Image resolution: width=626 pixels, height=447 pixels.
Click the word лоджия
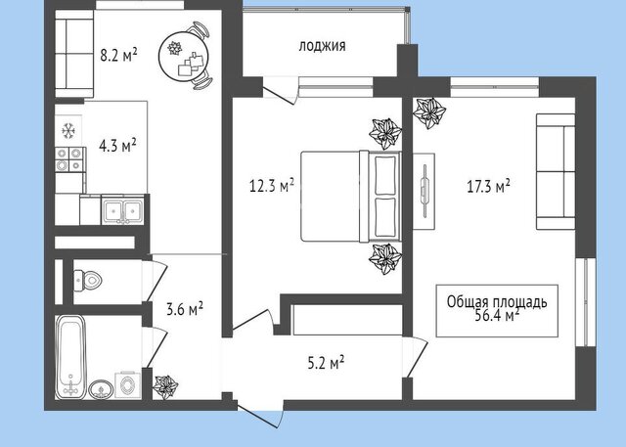tap(322, 46)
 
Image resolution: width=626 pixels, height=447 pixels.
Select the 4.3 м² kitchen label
tap(117, 146)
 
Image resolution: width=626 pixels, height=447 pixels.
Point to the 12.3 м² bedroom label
tap(272, 186)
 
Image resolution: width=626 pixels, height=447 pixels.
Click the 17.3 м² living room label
tap(488, 186)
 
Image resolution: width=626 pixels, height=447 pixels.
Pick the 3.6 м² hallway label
tap(185, 309)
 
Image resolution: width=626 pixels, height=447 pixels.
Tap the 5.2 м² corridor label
tap(326, 363)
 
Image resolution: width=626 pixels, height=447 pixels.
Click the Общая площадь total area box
tap(497, 310)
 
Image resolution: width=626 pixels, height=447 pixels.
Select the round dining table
tap(184, 56)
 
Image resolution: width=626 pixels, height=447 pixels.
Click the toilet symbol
tap(88, 280)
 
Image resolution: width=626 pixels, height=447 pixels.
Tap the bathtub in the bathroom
tap(70, 357)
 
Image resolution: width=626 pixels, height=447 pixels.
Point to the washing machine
tap(128, 384)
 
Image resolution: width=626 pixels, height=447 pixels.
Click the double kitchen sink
tap(122, 209)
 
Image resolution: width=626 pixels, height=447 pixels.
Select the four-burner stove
tap(69, 159)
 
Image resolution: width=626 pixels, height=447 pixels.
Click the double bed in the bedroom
tap(350, 196)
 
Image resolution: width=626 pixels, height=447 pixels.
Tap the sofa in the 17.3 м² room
tap(556, 171)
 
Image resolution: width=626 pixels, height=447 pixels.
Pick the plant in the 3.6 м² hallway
tap(165, 386)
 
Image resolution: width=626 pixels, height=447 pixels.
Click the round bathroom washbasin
tap(101, 389)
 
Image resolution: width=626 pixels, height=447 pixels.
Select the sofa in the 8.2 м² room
tap(74, 54)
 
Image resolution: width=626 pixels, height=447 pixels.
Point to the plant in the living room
tap(429, 112)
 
